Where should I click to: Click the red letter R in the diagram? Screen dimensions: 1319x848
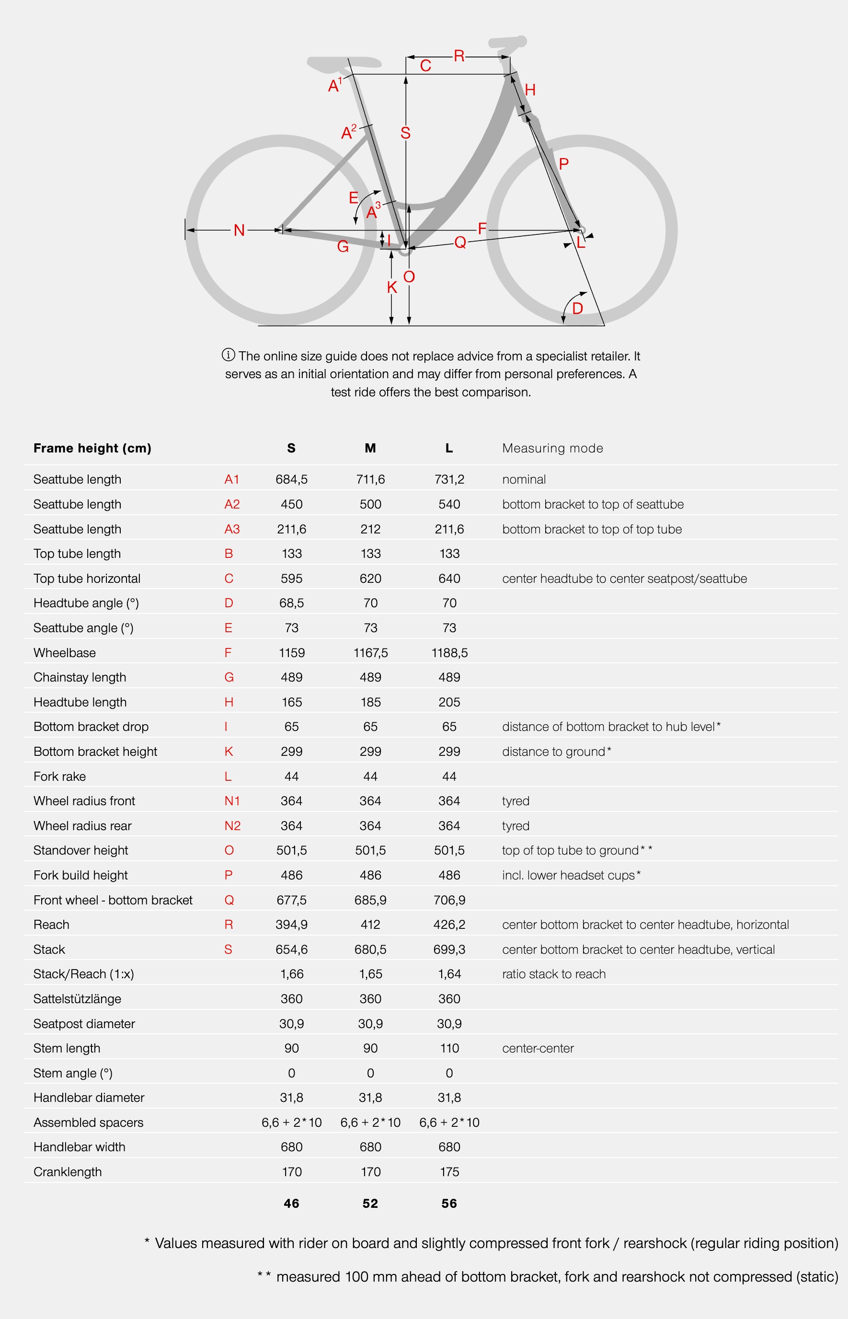(458, 56)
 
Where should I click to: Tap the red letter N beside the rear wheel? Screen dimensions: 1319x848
(239, 230)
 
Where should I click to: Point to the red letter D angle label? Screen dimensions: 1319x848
(578, 308)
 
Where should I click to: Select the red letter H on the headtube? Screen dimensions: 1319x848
(530, 90)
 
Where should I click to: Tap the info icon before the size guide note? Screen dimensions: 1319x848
(228, 355)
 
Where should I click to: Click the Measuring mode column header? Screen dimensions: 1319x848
(552, 448)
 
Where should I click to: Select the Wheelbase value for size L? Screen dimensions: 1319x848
(449, 653)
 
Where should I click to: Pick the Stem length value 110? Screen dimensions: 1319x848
(449, 1048)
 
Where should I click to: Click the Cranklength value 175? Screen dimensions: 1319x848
(449, 1171)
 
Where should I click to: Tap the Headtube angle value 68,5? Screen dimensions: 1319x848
(291, 603)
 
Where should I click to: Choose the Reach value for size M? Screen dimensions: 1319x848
(370, 924)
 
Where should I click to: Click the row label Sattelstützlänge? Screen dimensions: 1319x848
(77, 998)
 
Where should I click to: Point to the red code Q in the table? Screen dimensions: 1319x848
(229, 900)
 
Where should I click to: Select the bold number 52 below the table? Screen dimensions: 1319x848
(370, 1203)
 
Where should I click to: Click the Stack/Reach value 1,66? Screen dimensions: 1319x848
(291, 974)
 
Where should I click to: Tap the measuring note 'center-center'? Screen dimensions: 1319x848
(538, 1048)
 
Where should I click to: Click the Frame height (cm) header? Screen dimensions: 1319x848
(92, 448)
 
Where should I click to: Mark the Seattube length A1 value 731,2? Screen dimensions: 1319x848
(449, 479)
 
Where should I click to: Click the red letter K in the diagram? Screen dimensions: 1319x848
(392, 287)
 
